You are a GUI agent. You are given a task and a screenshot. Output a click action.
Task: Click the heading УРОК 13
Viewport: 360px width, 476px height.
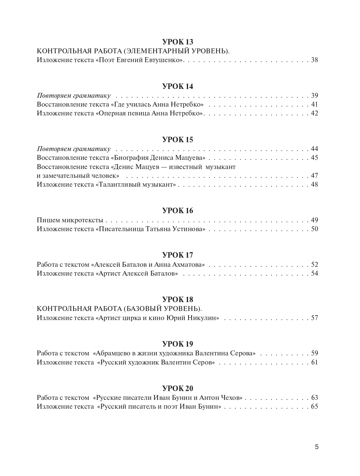click(178, 42)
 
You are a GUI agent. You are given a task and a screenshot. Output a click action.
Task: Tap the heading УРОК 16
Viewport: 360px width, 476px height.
click(178, 211)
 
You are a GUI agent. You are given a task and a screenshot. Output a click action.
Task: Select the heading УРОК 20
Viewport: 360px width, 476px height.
click(178, 388)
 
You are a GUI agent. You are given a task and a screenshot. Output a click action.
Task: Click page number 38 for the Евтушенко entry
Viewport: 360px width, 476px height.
click(314, 60)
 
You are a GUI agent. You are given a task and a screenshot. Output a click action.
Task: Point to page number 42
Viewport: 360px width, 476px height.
click(314, 113)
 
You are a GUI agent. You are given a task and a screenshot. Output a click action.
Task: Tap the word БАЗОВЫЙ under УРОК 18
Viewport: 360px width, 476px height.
click(142, 309)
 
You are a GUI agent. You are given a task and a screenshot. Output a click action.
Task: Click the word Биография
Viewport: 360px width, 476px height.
click(130, 158)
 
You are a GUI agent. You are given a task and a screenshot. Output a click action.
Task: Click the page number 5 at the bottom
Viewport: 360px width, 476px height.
click(316, 447)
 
